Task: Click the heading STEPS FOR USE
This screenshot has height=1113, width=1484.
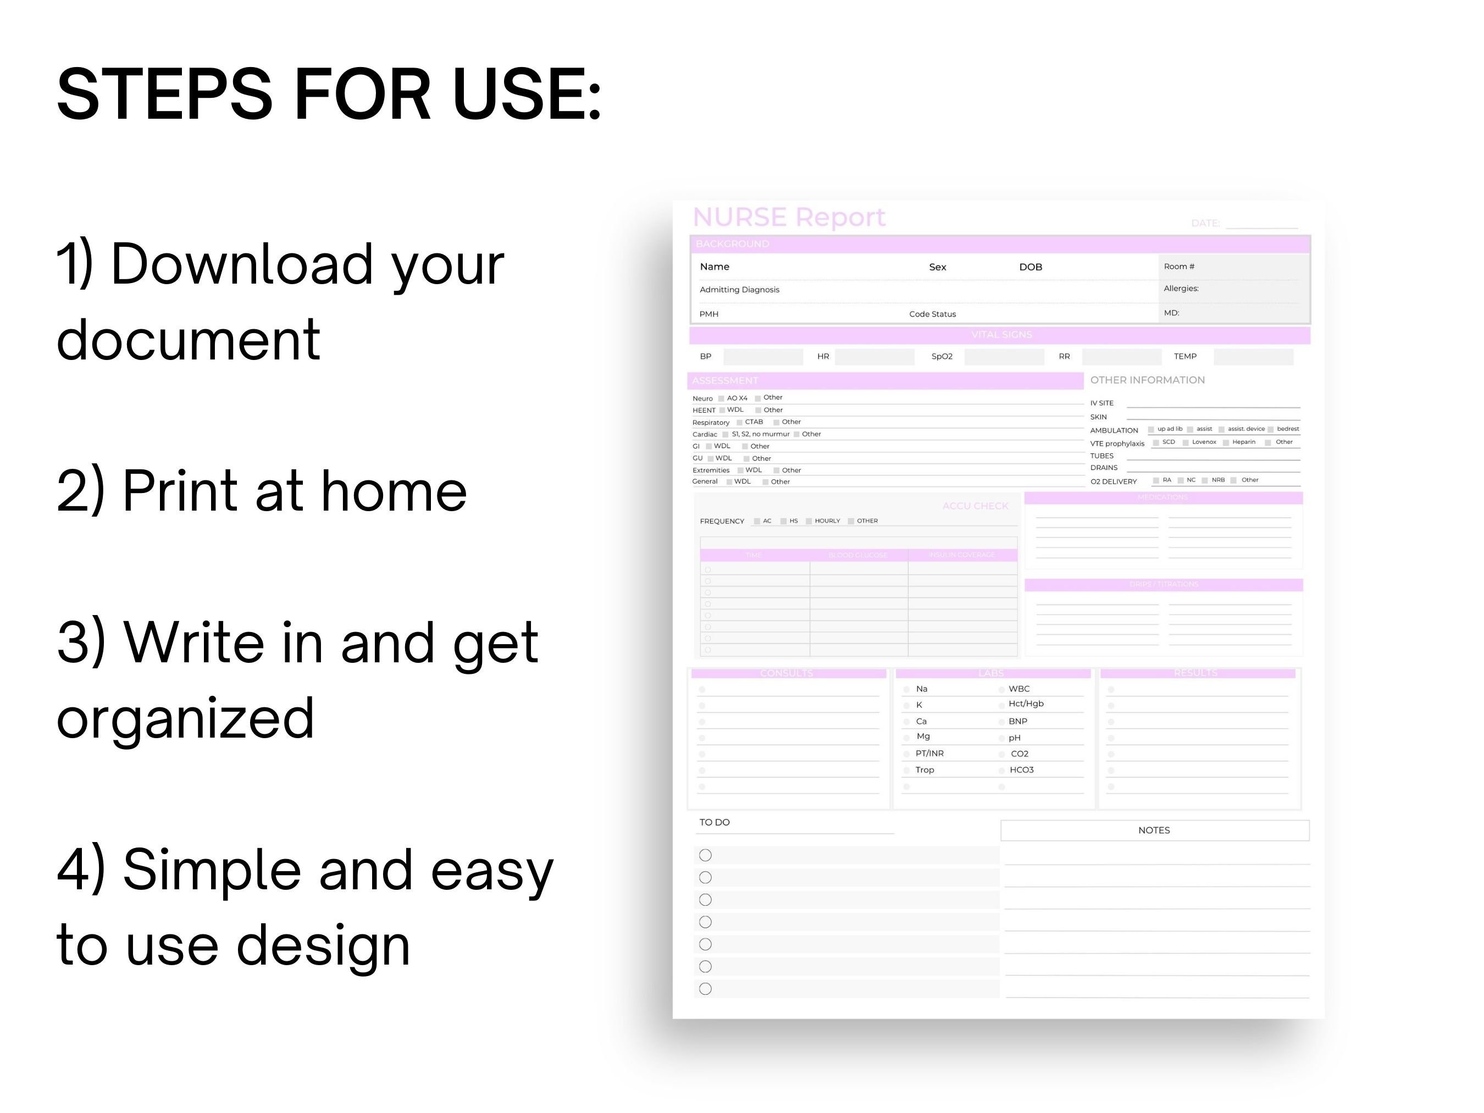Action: (329, 95)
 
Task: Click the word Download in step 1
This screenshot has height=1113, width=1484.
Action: (241, 264)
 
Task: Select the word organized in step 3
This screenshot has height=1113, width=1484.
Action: (185, 717)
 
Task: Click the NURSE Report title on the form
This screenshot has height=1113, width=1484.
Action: (788, 217)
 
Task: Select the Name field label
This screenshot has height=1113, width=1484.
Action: (714, 267)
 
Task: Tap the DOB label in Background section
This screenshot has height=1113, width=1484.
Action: (1030, 267)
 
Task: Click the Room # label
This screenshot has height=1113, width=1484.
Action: (1179, 267)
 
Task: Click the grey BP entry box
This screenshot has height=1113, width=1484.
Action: (763, 356)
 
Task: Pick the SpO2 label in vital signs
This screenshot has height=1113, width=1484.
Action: (942, 356)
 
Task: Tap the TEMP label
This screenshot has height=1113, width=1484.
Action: (1185, 356)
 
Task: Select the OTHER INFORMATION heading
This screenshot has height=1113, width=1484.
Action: (1147, 380)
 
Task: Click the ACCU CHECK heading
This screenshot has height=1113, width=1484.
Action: (975, 506)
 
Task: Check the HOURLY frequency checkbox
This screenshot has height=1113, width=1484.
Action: (809, 521)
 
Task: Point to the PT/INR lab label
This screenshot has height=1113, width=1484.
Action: (929, 754)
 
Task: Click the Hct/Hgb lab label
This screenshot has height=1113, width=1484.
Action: (1026, 704)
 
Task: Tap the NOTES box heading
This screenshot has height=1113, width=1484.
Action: (1153, 830)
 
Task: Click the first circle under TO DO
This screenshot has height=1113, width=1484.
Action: (705, 855)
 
